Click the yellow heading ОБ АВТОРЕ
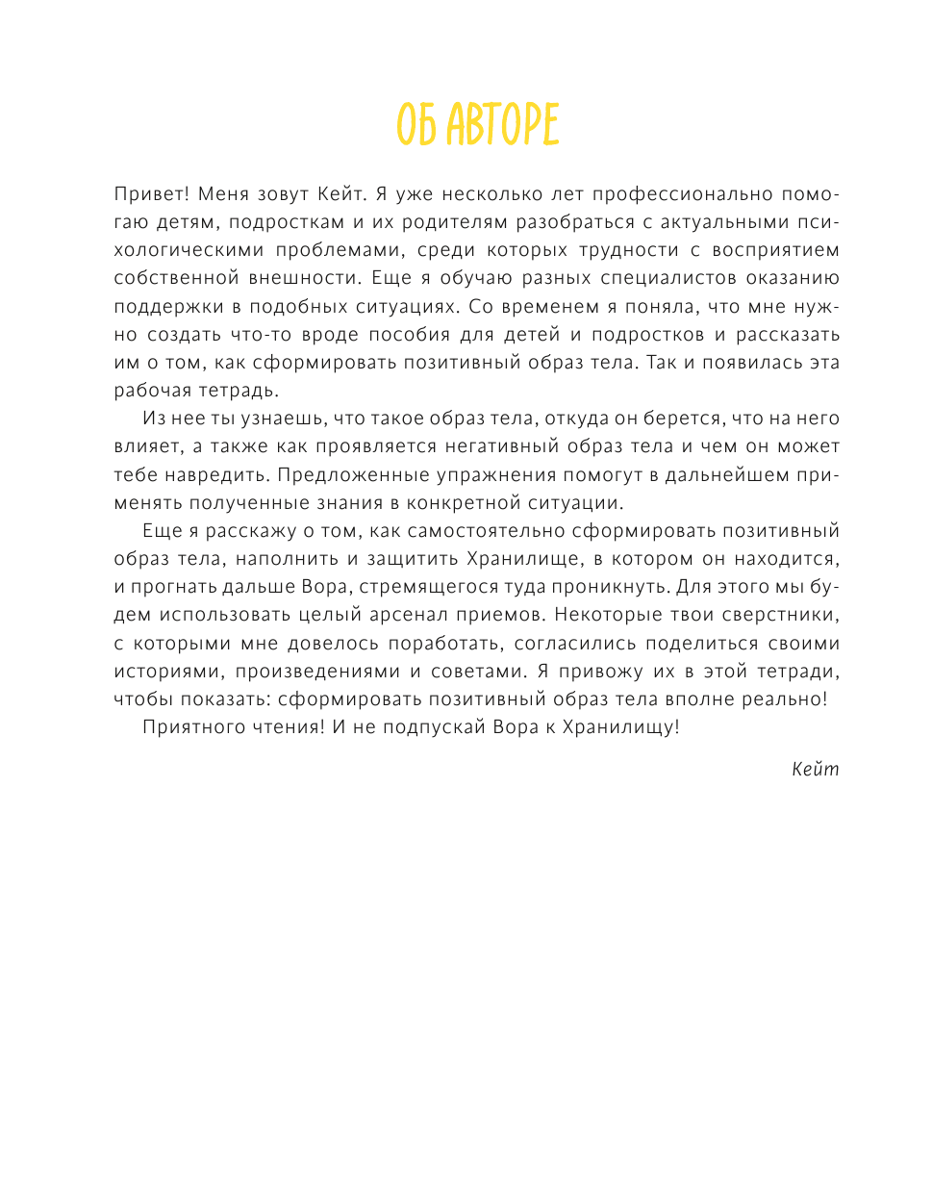click(478, 125)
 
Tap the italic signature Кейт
click(815, 769)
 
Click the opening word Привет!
click(152, 194)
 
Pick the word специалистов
click(668, 278)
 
